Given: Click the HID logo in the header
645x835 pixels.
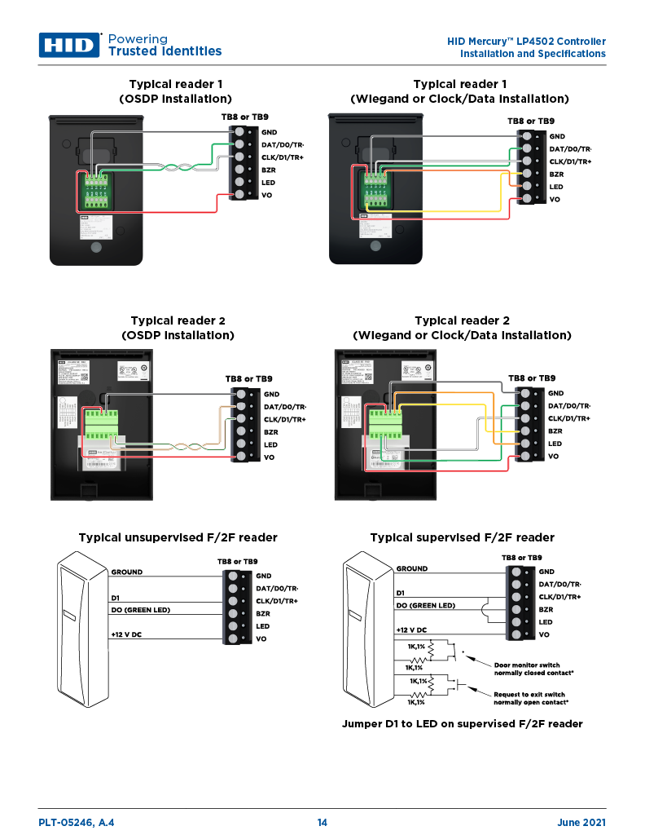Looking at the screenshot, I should tap(69, 45).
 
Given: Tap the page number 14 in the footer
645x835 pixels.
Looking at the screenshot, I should tap(322, 823).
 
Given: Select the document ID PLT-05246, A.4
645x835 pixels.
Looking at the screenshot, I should tap(77, 823).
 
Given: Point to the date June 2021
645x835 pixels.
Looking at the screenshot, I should tap(581, 823).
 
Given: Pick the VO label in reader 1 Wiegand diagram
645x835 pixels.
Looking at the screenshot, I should tap(555, 199).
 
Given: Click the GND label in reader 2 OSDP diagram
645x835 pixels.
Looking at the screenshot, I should tap(271, 393).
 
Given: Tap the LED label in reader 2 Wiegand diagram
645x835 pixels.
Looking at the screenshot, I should tap(555, 444).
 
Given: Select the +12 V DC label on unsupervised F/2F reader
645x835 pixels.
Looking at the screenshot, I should tap(126, 634).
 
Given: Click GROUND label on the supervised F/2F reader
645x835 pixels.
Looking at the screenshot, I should tap(411, 568).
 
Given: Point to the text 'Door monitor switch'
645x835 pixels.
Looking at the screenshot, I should tap(527, 665).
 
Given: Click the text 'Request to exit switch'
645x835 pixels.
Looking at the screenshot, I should tap(529, 695).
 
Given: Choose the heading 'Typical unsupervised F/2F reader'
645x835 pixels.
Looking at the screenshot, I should tap(178, 538).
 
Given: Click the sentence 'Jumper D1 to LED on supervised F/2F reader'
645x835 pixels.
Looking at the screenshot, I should tap(462, 724).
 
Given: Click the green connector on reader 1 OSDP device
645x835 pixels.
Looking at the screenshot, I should tap(98, 190).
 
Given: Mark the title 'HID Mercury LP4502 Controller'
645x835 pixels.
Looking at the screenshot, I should tap(526, 42).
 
